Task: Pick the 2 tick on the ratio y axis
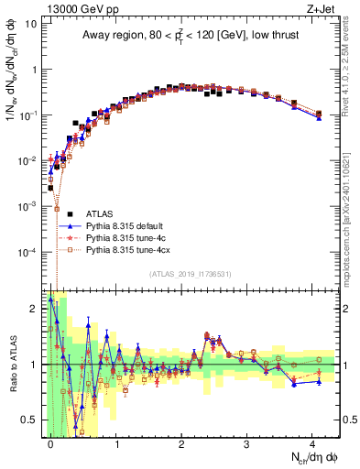click(35, 309)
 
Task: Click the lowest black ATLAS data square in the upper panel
click(50, 188)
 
